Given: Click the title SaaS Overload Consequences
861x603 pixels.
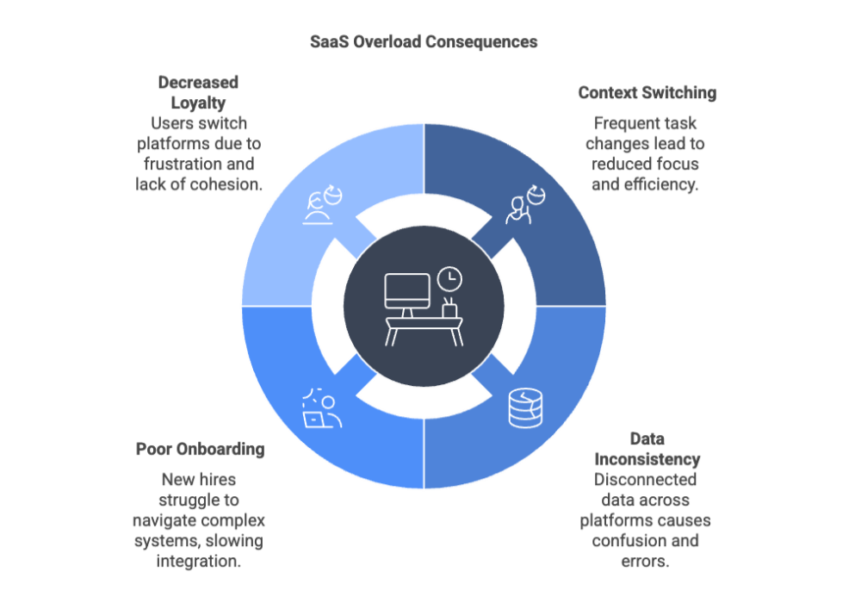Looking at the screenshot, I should pos(424,41).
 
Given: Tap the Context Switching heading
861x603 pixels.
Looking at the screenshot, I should pos(647,93).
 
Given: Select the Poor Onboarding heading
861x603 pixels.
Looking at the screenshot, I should pos(200,449).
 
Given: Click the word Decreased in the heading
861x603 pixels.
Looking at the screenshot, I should pos(197,83).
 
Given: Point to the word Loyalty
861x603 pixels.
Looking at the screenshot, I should pos(197,102).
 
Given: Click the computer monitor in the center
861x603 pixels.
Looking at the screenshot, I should pos(406,294).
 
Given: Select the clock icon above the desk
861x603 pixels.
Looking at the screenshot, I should pos(449,278).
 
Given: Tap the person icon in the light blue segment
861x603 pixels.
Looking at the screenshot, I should pos(322,207).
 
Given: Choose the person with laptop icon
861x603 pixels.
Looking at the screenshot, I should pos(320,409).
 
